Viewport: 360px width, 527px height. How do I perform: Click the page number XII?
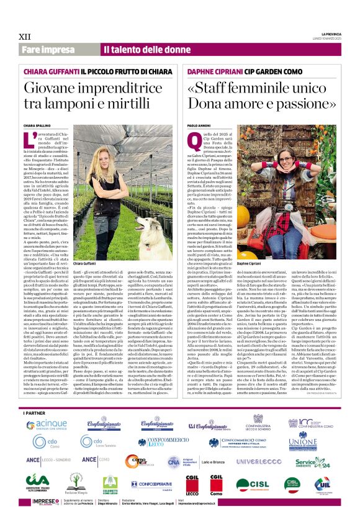coord(26,35)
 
